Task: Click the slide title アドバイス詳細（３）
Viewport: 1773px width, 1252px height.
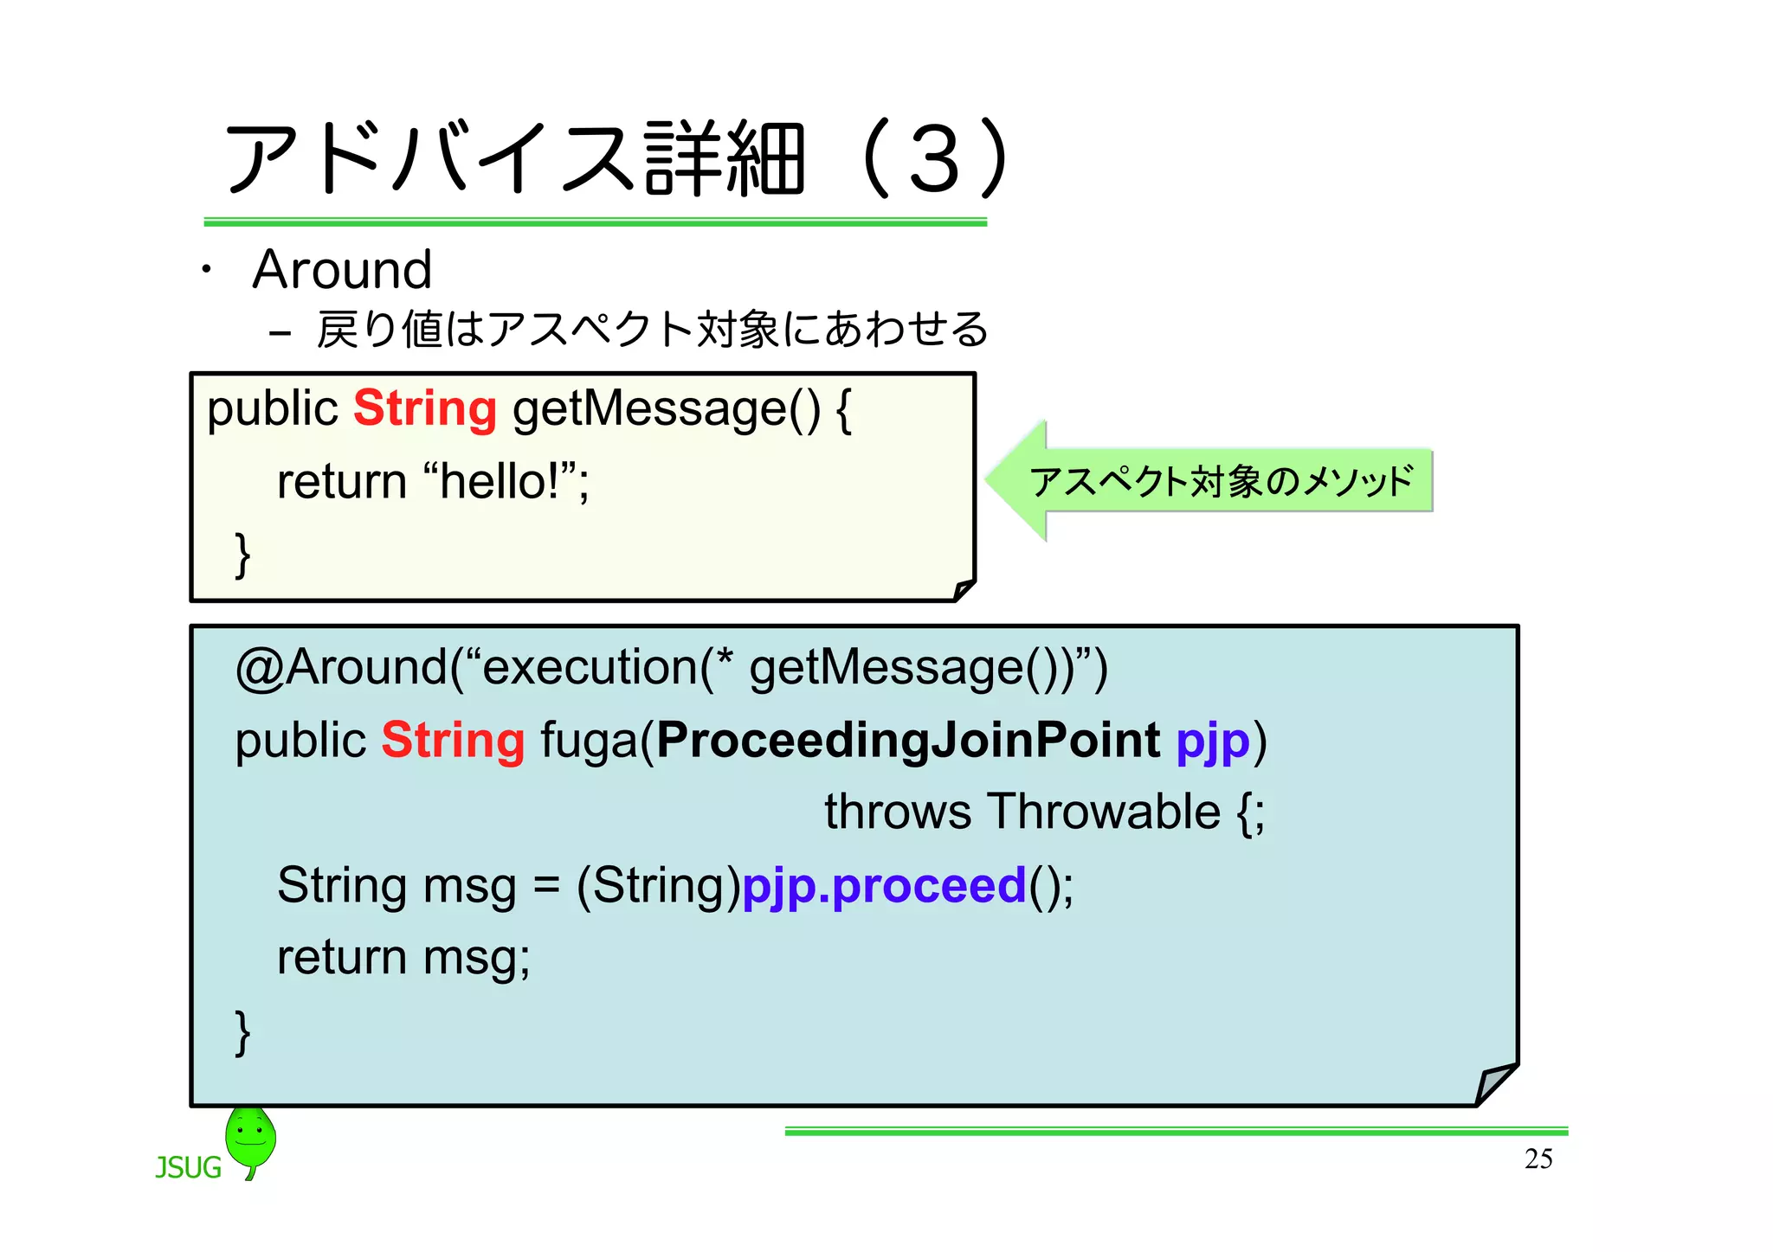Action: tap(615, 160)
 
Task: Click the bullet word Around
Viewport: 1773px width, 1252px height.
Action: tap(342, 270)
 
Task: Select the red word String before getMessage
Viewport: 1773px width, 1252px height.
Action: tap(425, 408)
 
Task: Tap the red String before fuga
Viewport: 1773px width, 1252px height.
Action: tap(453, 741)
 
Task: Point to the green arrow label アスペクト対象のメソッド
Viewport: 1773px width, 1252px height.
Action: tap(1221, 481)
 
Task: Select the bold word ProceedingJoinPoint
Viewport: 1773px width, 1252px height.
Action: tap(908, 741)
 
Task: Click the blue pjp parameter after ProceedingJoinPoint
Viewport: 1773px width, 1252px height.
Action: tap(1213, 742)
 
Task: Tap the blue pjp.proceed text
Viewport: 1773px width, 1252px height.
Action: tap(884, 886)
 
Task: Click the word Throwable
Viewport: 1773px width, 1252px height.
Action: tap(1104, 812)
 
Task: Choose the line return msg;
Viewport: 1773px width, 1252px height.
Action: tap(403, 958)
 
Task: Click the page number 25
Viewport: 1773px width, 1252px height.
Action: tap(1538, 1159)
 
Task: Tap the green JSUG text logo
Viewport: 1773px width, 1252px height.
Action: tap(188, 1168)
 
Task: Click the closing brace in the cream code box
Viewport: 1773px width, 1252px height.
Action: tap(243, 555)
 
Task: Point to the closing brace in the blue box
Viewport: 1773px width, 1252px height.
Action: tap(243, 1031)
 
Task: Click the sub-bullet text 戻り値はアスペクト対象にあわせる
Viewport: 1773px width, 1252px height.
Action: tap(652, 330)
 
